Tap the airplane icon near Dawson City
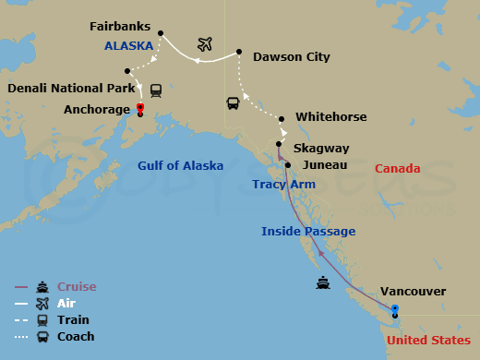click(206, 44)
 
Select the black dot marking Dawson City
click(239, 51)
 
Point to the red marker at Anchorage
click(139, 107)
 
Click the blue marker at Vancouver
click(395, 308)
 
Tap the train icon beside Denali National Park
click(156, 90)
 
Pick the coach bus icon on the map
click(233, 102)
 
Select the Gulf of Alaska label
click(180, 166)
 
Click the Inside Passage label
click(308, 231)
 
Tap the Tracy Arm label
click(283, 185)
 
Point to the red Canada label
click(398, 169)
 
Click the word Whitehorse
click(330, 117)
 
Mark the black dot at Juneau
click(288, 165)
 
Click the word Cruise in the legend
click(77, 287)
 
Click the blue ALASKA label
click(128, 44)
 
